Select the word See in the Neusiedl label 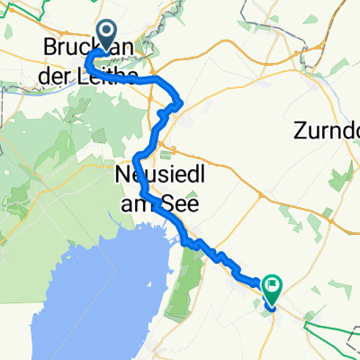click(x=182, y=203)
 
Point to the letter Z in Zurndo click(x=299, y=132)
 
